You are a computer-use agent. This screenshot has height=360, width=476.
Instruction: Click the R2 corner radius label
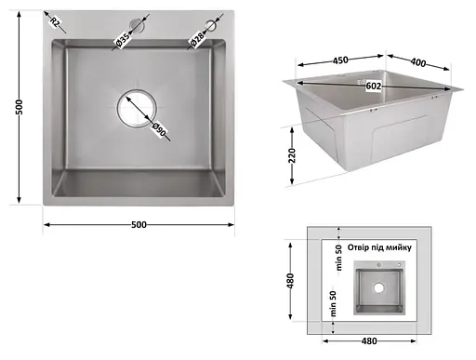tap(55, 22)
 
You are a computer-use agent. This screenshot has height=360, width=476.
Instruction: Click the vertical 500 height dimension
tap(18, 108)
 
